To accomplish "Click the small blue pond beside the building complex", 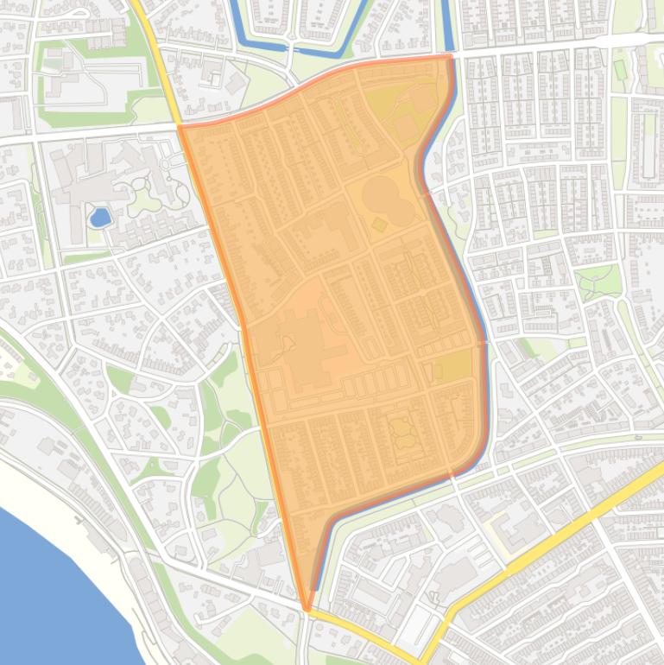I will [x=100, y=217].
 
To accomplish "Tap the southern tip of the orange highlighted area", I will [x=307, y=608].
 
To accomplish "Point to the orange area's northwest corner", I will [x=180, y=128].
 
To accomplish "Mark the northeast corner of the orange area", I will [x=449, y=57].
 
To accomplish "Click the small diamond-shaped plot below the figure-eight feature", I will [x=379, y=225].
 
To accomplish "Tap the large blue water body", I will [x=52, y=587].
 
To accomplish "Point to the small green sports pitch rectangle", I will [x=618, y=68].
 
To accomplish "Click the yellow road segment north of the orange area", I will [x=155, y=52].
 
